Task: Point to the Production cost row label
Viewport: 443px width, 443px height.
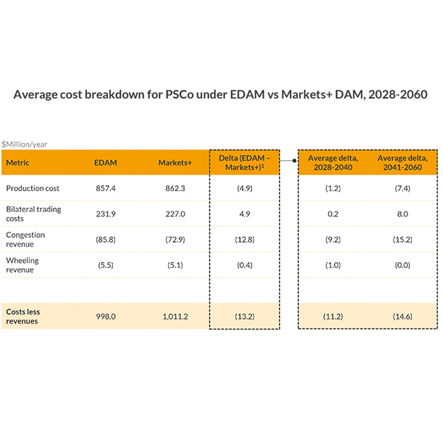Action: (x=33, y=188)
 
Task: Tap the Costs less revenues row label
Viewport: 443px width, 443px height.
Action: (x=23, y=316)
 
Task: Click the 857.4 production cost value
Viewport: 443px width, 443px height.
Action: (x=106, y=188)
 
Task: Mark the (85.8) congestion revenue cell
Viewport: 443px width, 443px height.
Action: (x=106, y=239)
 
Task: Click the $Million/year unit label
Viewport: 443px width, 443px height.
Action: (x=24, y=144)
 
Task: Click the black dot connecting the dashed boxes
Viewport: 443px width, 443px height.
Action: (x=295, y=158)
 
